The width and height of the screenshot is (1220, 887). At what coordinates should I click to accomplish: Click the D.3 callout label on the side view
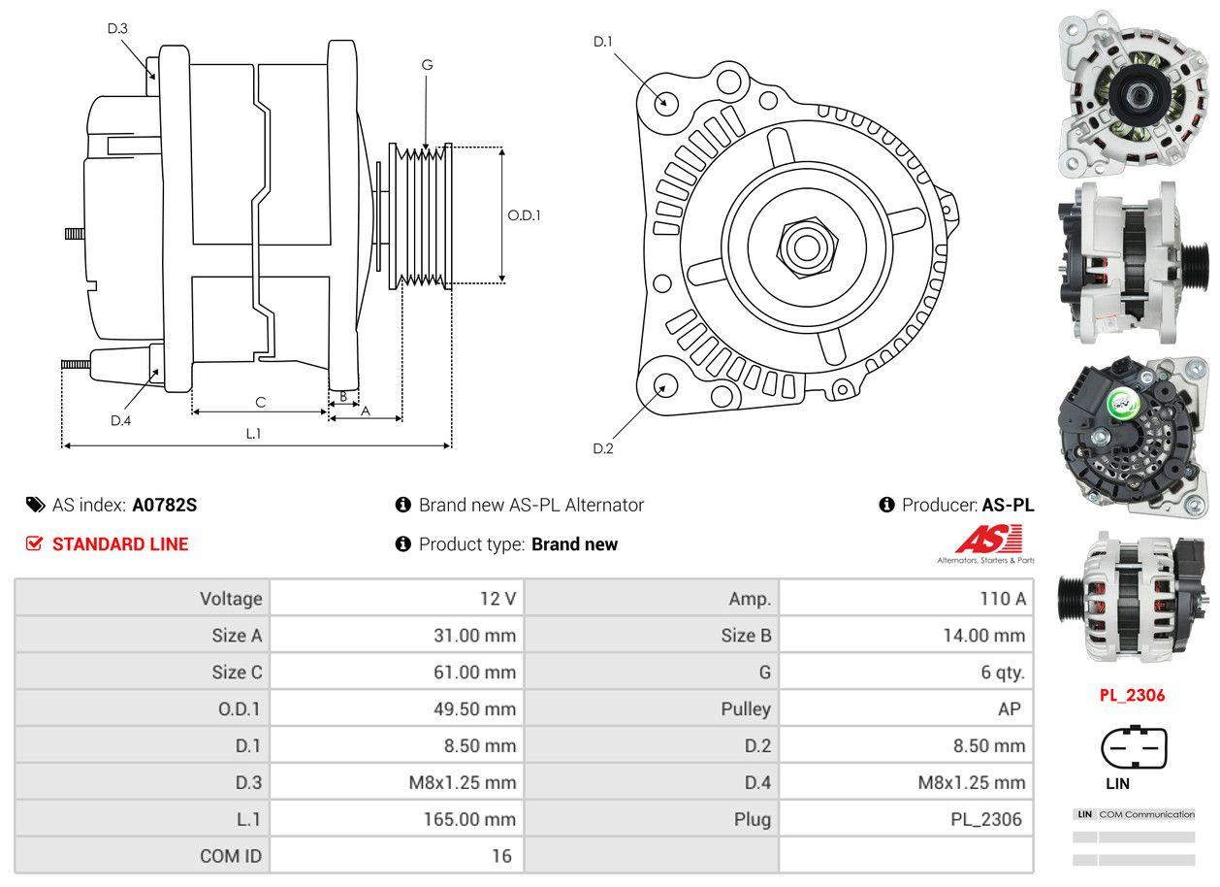pyautogui.click(x=117, y=28)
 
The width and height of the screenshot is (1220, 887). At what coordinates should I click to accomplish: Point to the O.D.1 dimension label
pyautogui.click(x=524, y=215)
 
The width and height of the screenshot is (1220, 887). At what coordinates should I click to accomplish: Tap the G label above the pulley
pyautogui.click(x=427, y=65)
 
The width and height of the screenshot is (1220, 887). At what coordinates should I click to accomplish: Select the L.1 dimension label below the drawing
pyautogui.click(x=253, y=434)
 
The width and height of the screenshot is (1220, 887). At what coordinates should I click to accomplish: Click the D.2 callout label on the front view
pyautogui.click(x=603, y=448)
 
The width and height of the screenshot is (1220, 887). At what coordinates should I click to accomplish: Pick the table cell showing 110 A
pyautogui.click(x=1003, y=599)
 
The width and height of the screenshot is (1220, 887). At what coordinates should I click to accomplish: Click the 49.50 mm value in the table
pyautogui.click(x=474, y=709)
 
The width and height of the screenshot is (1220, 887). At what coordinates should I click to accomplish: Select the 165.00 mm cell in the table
pyautogui.click(x=469, y=820)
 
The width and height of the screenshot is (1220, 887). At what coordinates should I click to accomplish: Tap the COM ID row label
pyautogui.click(x=231, y=856)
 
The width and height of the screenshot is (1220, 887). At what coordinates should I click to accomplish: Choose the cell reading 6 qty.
pyautogui.click(x=1003, y=673)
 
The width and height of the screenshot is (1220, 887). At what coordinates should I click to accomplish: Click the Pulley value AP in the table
pyautogui.click(x=1009, y=709)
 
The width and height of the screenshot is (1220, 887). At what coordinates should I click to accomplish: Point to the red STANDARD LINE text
pyautogui.click(x=120, y=544)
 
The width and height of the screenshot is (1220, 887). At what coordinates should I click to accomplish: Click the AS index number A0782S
pyautogui.click(x=165, y=505)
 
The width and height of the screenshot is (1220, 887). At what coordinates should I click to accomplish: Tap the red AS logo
pyautogui.click(x=988, y=541)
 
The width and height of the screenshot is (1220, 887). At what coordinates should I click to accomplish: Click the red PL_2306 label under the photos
pyautogui.click(x=1132, y=695)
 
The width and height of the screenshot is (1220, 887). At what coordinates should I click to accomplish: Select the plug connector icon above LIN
pyautogui.click(x=1134, y=748)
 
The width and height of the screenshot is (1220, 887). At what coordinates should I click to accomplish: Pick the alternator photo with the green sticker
pyautogui.click(x=1132, y=433)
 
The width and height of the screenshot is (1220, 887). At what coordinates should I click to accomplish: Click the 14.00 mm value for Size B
pyautogui.click(x=982, y=636)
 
